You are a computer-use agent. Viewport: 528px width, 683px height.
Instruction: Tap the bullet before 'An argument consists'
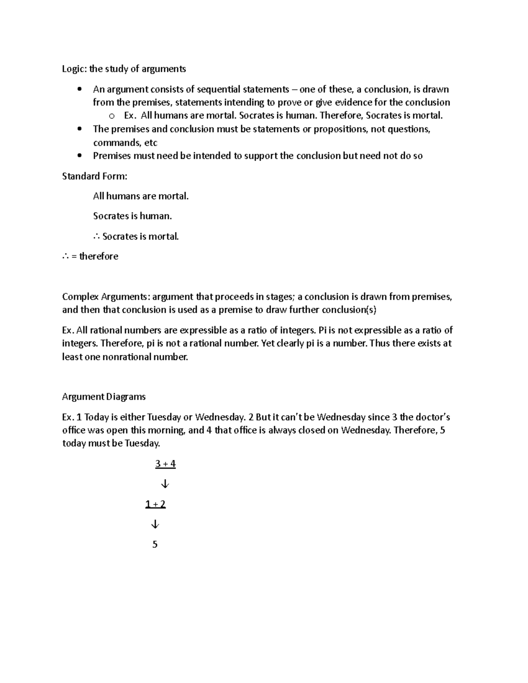[x=79, y=90]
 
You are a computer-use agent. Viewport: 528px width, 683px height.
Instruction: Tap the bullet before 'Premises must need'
[x=79, y=156]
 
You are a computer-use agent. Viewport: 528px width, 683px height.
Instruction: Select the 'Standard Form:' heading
[x=95, y=176]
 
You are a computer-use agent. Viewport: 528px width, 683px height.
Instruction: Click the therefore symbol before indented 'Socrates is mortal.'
[x=97, y=237]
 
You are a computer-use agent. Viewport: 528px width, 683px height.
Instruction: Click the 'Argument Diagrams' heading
[x=104, y=397]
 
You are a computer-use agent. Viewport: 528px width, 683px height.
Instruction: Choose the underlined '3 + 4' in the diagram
[x=165, y=464]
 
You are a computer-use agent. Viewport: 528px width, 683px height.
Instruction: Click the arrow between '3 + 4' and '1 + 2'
[x=165, y=484]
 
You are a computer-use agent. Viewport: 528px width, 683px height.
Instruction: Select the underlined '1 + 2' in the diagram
[x=155, y=504]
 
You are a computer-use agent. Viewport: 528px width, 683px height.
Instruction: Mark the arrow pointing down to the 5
[x=155, y=524]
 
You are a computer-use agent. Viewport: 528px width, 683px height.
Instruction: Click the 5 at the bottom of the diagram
[x=155, y=544]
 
